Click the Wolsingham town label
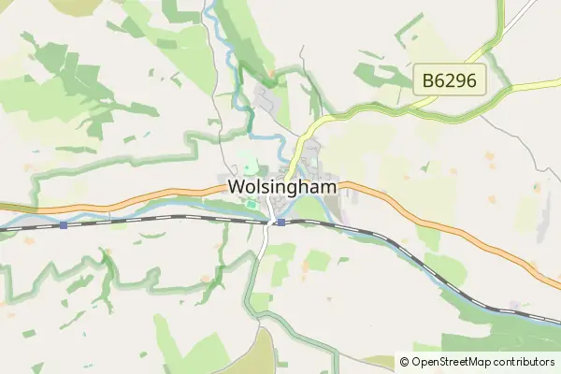281,187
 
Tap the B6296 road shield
449,80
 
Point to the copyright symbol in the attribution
404,362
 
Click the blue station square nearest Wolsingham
280,222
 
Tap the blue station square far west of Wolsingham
63,224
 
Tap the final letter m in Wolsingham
329,187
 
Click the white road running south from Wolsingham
263,245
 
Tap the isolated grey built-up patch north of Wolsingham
265,98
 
